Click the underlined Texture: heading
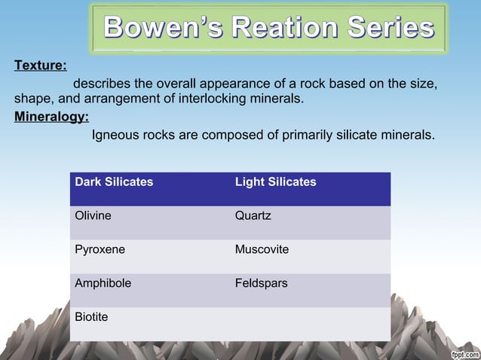pyautogui.click(x=40, y=65)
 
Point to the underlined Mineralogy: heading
pyautogui.click(x=51, y=117)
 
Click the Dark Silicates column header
pyautogui.click(x=114, y=182)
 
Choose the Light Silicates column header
pyautogui.click(x=275, y=182)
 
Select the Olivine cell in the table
pyautogui.click(x=93, y=216)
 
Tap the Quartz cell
pyautogui.click(x=253, y=216)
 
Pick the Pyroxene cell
pyautogui.click(x=100, y=250)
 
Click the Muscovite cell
pyautogui.click(x=262, y=250)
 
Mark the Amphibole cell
pyautogui.click(x=103, y=284)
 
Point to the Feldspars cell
pyautogui.click(x=261, y=284)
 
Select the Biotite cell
pyautogui.click(x=91, y=317)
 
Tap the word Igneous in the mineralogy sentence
pyautogui.click(x=114, y=136)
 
